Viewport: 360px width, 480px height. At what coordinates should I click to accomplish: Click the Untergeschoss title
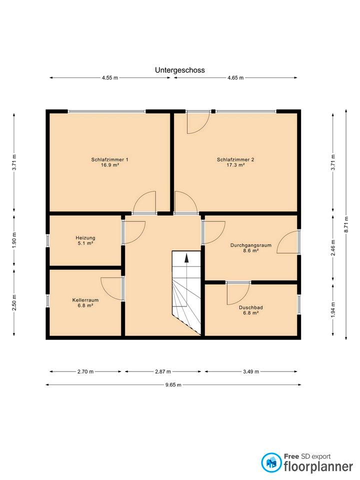point(179,70)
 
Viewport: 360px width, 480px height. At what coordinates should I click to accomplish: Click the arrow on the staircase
point(186,258)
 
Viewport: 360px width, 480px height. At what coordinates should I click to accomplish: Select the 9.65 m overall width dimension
point(173,385)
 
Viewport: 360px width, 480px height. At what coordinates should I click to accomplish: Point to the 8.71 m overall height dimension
point(346,224)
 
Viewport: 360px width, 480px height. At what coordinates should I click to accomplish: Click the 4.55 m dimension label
point(110,78)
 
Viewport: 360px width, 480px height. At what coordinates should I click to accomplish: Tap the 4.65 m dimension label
point(235,78)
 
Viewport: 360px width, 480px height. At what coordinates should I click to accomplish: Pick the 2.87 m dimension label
point(163,371)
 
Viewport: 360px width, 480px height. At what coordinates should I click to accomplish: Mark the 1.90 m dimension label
point(14,240)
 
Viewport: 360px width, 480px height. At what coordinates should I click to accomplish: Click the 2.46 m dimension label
point(333,247)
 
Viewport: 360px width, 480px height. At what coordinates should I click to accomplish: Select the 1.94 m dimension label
point(333,310)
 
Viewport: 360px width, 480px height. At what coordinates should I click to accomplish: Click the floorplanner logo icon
point(271,462)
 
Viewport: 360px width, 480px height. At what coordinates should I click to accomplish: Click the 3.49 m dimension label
point(251,371)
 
